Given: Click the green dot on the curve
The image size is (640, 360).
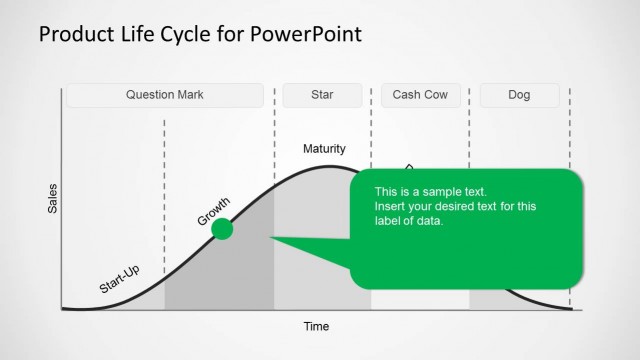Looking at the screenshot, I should point(223,229).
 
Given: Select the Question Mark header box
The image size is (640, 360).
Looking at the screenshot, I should point(165,96).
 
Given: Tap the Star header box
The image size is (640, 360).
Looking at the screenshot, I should point(322,96).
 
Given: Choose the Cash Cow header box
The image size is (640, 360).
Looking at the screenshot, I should point(420,96).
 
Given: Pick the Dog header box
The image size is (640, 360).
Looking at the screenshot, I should point(519,96).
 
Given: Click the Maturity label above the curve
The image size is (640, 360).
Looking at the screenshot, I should point(324,149).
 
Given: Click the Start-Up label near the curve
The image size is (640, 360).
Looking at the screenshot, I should point(119,281).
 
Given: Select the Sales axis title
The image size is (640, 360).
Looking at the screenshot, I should point(53,200).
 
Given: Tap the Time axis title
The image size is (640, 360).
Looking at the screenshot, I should point(316,326).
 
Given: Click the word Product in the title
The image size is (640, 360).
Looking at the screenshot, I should point(72,35).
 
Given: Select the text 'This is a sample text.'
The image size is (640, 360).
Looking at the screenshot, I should point(430,191).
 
